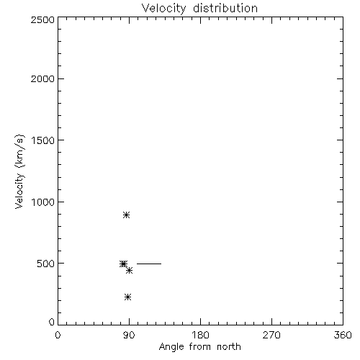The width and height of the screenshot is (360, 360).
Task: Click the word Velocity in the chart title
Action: (x=163, y=9)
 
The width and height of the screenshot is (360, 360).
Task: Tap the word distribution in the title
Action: (x=225, y=8)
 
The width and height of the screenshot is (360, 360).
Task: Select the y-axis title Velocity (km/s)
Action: (x=19, y=171)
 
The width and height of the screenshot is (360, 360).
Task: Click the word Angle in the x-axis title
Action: (x=171, y=347)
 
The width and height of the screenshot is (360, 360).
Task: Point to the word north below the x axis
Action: (x=229, y=347)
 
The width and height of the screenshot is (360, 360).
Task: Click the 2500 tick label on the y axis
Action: (x=42, y=19)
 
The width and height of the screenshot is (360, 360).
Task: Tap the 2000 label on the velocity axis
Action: (x=42, y=78)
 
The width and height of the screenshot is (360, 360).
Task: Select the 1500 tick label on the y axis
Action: (x=43, y=140)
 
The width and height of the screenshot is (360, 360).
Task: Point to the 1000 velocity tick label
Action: (x=43, y=202)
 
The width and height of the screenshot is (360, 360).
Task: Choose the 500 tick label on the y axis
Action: (x=46, y=264)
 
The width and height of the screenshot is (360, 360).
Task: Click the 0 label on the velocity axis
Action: (x=52, y=322)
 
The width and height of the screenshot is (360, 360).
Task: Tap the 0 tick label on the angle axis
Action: (x=58, y=335)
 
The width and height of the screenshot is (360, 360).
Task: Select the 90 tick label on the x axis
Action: (x=129, y=335)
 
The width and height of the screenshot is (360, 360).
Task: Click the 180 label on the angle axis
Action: (x=200, y=335)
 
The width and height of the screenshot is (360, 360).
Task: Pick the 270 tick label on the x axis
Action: (x=271, y=335)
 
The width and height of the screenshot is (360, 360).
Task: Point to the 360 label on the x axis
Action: (x=343, y=335)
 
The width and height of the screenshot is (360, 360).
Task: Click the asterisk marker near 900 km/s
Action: (x=127, y=215)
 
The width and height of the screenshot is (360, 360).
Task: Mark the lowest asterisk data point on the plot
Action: (x=128, y=297)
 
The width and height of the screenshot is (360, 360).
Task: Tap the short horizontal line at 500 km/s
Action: (x=149, y=264)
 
